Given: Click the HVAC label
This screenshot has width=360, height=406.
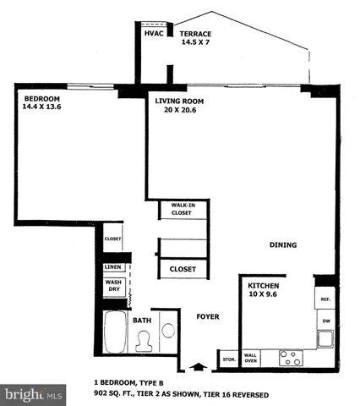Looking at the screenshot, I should [x=154, y=35].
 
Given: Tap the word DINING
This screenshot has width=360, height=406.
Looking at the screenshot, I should [x=283, y=246].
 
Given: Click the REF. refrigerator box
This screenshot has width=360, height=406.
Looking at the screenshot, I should [x=325, y=300].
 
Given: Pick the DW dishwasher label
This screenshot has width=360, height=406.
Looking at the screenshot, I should [x=325, y=321].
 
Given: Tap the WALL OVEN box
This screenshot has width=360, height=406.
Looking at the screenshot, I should [x=250, y=359].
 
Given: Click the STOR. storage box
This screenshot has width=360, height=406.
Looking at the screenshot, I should [x=228, y=359].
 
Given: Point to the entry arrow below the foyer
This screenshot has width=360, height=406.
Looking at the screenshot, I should [x=199, y=366].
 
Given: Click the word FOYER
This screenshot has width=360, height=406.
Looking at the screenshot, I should [x=208, y=317].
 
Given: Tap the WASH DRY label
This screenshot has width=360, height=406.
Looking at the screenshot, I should [x=113, y=286].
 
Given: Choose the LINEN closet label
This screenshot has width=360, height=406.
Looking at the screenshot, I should [x=113, y=267].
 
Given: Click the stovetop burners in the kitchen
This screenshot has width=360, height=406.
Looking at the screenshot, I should [x=290, y=355].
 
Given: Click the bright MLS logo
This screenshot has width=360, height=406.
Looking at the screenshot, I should [x=33, y=394].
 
